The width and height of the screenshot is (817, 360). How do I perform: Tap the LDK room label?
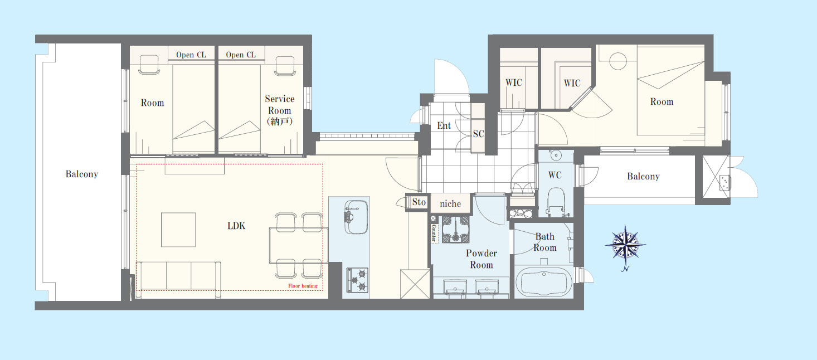coord(236,226)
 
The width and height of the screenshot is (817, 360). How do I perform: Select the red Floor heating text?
coord(303,286)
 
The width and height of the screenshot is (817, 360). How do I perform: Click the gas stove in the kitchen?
coord(357,280)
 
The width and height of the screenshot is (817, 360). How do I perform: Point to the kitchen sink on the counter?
coord(356,217)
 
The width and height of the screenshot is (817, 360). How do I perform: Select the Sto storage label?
coord(419,202)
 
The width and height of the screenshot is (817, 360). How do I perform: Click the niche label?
coord(450,203)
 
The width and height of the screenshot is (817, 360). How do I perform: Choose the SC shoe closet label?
coord(478,134)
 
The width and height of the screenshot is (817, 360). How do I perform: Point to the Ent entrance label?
coord(444,126)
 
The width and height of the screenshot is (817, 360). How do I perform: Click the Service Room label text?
coord(280,110)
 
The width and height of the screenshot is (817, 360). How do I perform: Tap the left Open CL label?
coord(191,55)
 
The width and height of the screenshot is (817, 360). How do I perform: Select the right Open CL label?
coord(241,55)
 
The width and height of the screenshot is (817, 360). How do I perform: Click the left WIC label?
coord(513,83)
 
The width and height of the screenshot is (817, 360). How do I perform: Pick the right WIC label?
coord(572,83)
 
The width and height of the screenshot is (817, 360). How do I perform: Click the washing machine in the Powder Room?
coord(455,229)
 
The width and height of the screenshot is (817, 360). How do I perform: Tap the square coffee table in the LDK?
coord(178,230)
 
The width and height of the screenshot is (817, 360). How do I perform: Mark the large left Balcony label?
coord(82,174)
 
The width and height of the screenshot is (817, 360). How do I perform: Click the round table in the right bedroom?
coord(618,61)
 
